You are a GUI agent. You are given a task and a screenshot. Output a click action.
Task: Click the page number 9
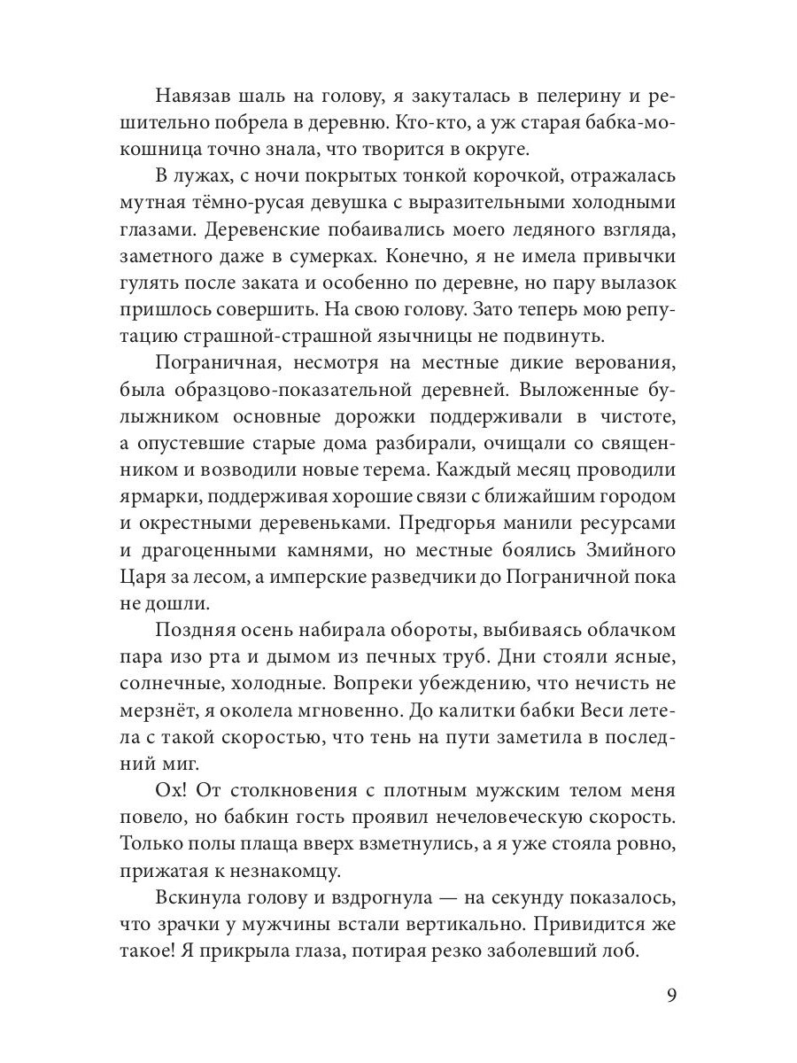pos(670,995)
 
